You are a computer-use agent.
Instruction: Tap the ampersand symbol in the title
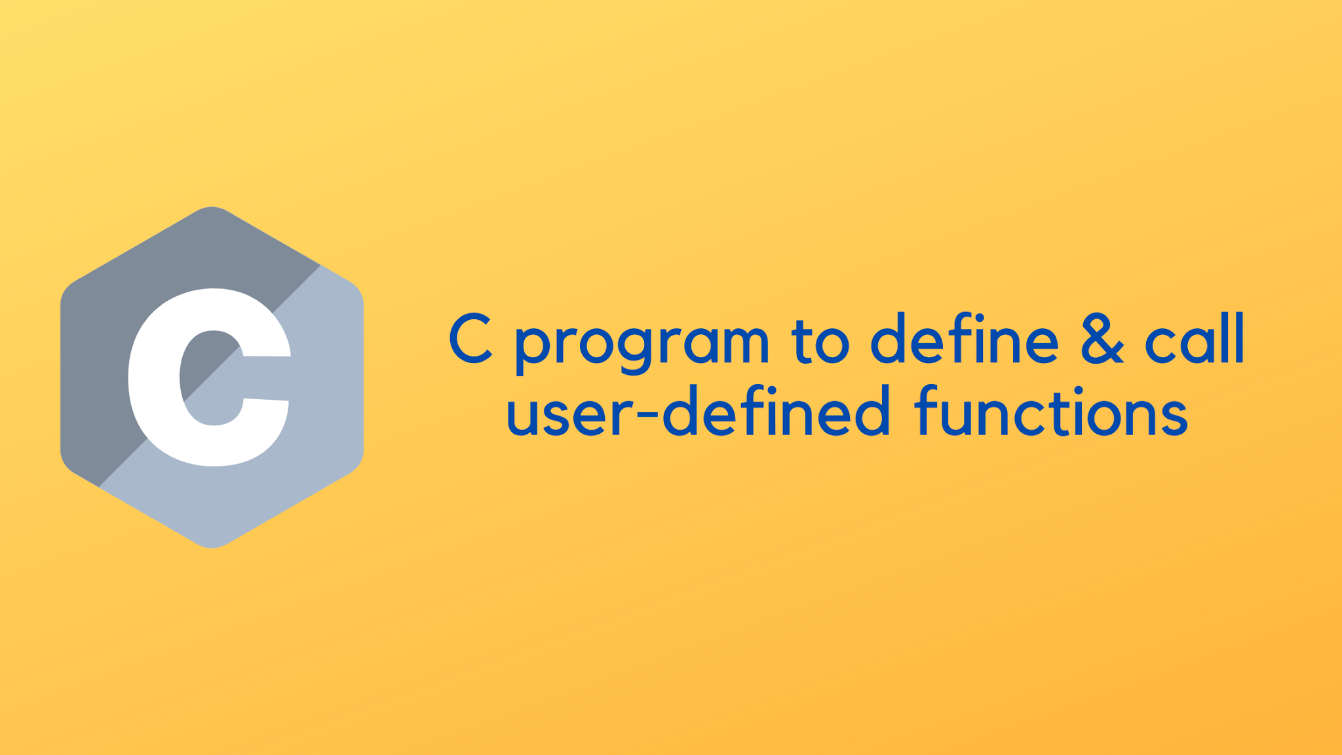pyautogui.click(x=1102, y=338)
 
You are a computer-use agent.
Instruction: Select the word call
pyautogui.click(x=1194, y=338)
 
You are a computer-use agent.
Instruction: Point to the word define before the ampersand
pyautogui.click(x=964, y=338)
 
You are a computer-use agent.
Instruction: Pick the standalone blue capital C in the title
pyautogui.click(x=470, y=338)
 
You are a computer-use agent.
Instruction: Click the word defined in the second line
pyautogui.click(x=776, y=412)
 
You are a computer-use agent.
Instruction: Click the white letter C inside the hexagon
pyautogui.click(x=157, y=380)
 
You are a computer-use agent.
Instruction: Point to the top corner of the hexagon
pyautogui.click(x=212, y=208)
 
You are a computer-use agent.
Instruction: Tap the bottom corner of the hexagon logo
pyautogui.click(x=212, y=546)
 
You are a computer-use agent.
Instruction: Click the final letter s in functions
pyautogui.click(x=1173, y=417)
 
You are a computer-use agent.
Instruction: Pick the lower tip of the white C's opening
pyautogui.click(x=266, y=399)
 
